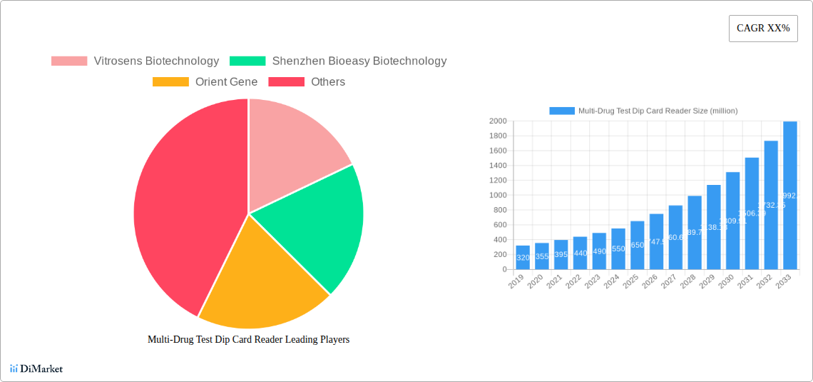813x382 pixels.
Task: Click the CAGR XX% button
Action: point(762,29)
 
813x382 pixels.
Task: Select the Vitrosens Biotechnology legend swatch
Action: point(69,61)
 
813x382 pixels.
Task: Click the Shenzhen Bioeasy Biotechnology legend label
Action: point(359,61)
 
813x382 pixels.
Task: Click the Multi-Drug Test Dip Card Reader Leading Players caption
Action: point(248,340)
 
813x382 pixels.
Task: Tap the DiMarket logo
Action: point(36,368)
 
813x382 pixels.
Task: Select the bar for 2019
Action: point(523,258)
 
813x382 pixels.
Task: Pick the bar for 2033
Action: point(789,196)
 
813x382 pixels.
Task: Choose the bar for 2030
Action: point(732,221)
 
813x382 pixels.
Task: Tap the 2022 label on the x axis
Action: point(573,283)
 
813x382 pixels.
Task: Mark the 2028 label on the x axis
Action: point(687,283)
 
